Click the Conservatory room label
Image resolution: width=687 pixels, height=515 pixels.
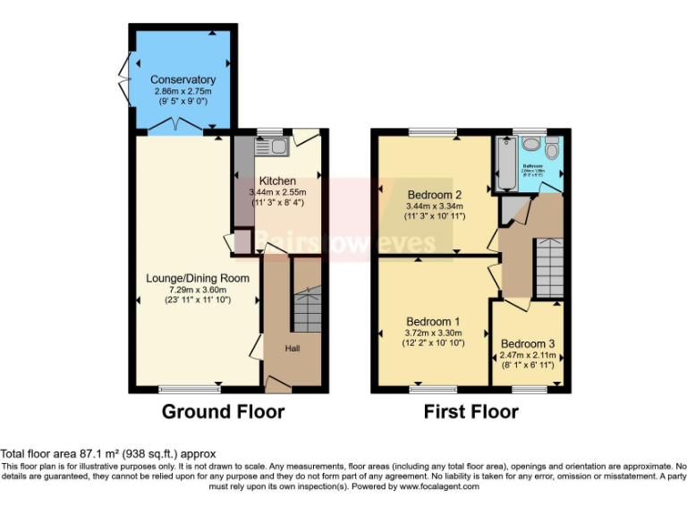click(x=182, y=80)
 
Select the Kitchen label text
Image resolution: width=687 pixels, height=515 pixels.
click(x=277, y=181)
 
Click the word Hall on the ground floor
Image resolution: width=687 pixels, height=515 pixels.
click(x=293, y=348)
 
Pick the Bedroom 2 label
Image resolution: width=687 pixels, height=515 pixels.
click(x=434, y=195)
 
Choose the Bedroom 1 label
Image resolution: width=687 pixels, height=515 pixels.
click(x=434, y=322)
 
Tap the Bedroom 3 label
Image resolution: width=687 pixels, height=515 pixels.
click(x=528, y=343)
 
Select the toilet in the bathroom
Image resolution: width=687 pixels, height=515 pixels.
click(x=551, y=150)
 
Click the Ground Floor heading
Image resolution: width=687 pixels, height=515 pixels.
click(x=223, y=412)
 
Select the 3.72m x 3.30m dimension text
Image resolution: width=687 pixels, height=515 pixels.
click(x=434, y=333)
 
